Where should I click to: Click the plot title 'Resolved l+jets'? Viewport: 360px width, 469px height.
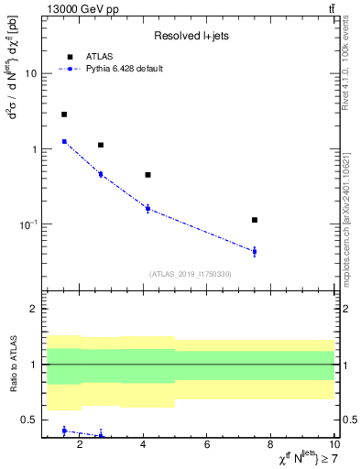click(x=190, y=36)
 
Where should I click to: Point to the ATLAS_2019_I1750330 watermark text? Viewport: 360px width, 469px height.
click(x=190, y=274)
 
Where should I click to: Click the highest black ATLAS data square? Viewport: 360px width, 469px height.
click(x=64, y=115)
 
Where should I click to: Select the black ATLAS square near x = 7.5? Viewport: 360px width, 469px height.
click(x=255, y=220)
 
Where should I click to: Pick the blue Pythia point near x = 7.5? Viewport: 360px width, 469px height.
click(x=255, y=251)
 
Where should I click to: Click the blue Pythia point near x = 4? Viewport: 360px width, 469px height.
click(x=147, y=209)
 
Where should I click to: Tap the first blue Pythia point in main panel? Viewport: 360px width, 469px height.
click(x=64, y=141)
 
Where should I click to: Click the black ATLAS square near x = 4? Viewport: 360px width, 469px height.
click(x=147, y=174)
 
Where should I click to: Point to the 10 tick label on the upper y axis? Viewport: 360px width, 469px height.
click(x=30, y=74)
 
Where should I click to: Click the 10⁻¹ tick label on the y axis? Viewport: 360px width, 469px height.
click(x=27, y=224)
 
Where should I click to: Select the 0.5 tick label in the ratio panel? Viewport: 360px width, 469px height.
click(x=27, y=420)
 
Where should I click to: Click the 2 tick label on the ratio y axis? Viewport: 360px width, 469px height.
click(x=33, y=310)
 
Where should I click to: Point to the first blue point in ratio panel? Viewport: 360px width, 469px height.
click(x=64, y=431)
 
